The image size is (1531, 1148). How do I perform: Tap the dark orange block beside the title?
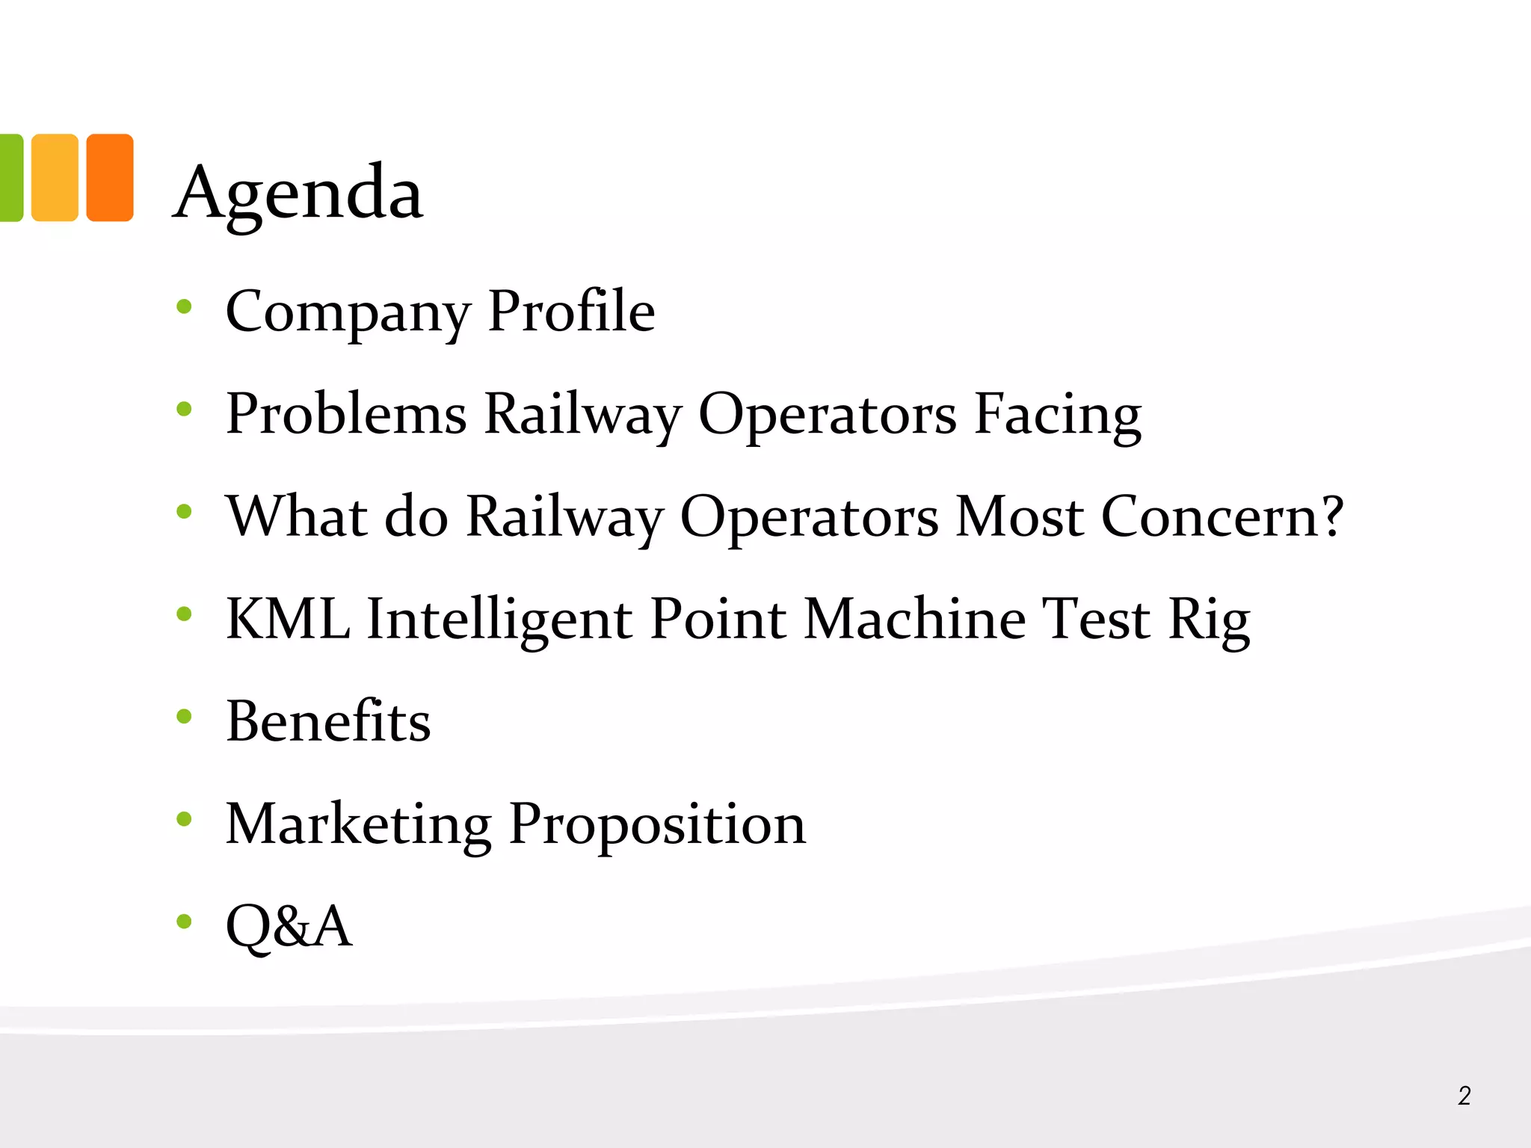click(110, 178)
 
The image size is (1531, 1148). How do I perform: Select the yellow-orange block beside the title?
click(55, 178)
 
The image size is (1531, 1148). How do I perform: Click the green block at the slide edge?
click(11, 178)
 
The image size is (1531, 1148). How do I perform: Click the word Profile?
click(571, 310)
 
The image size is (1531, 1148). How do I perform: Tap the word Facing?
click(1058, 415)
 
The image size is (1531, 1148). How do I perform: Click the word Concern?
click(1223, 516)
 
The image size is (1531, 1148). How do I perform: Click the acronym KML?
click(288, 619)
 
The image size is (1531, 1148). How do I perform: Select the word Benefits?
click(328, 721)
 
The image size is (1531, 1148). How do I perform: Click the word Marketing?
click(358, 824)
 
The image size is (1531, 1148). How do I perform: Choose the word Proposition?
click(657, 825)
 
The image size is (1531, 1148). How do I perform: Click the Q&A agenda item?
click(289, 926)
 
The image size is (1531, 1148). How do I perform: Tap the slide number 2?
click(1464, 1096)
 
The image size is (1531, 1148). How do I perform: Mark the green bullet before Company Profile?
click(184, 306)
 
